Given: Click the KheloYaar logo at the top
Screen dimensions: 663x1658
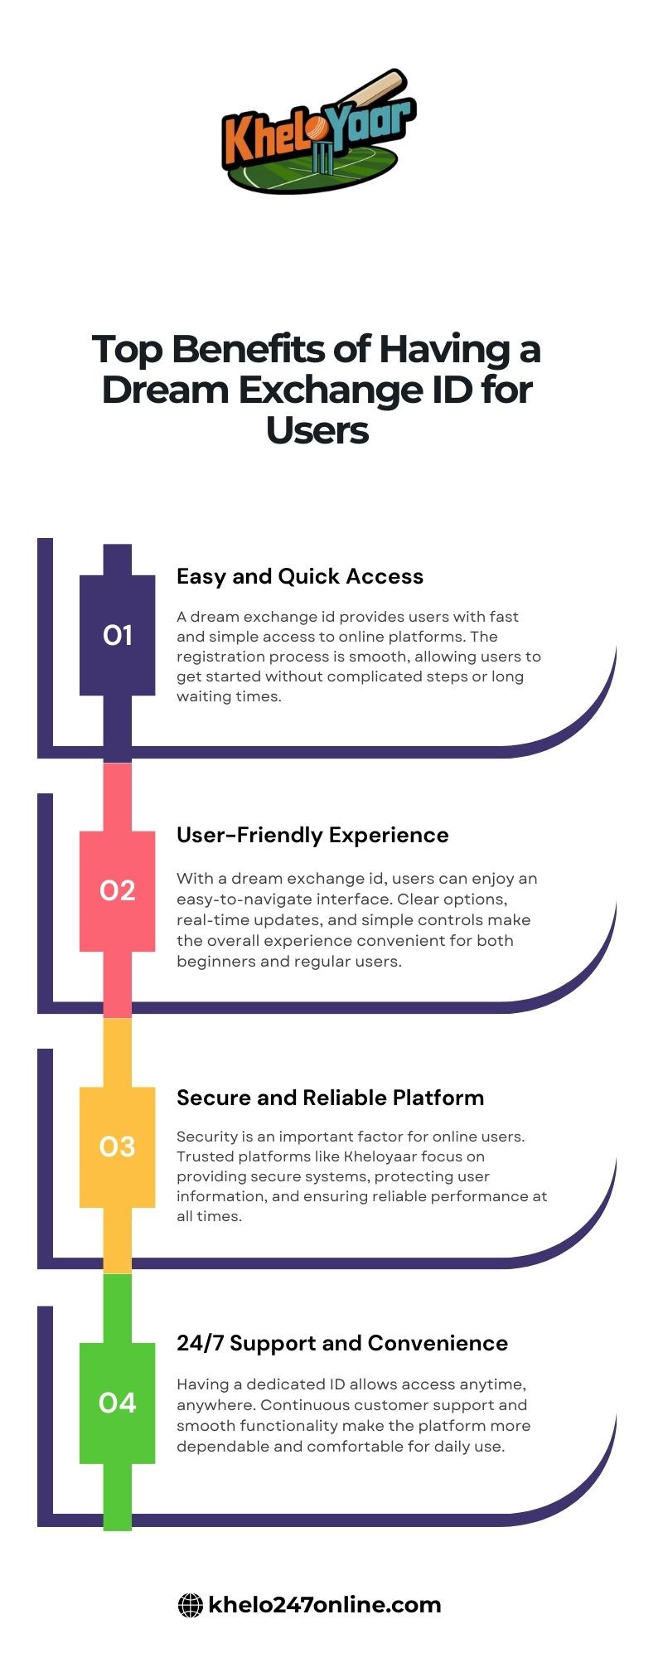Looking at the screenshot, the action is click(x=319, y=133).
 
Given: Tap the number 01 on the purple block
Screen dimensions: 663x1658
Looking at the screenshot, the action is click(x=118, y=635).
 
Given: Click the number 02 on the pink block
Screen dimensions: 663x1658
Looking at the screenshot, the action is click(x=118, y=890).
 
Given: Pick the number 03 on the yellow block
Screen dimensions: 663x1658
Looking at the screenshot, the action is click(x=118, y=1147).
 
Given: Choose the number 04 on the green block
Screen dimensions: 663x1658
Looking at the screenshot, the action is click(x=118, y=1403).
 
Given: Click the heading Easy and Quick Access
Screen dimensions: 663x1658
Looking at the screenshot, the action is click(x=300, y=577).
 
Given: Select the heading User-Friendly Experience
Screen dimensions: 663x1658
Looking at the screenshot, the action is click(x=312, y=836).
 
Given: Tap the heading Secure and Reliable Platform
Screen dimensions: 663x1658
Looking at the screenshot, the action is click(x=330, y=1098).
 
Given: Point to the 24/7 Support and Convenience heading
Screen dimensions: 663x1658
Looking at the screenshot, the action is click(x=342, y=1343).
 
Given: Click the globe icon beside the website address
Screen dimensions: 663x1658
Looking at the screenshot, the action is click(x=191, y=1606).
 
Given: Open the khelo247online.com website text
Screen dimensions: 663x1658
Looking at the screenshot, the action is click(x=325, y=1605).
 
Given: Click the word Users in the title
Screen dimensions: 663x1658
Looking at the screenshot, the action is click(x=317, y=430).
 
